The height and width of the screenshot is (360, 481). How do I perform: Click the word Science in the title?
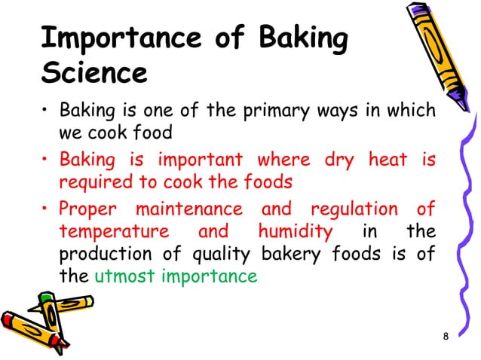click(93, 75)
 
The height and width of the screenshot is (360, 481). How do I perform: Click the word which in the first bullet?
click(412, 112)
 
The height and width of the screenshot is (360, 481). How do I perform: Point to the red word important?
click(200, 160)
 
